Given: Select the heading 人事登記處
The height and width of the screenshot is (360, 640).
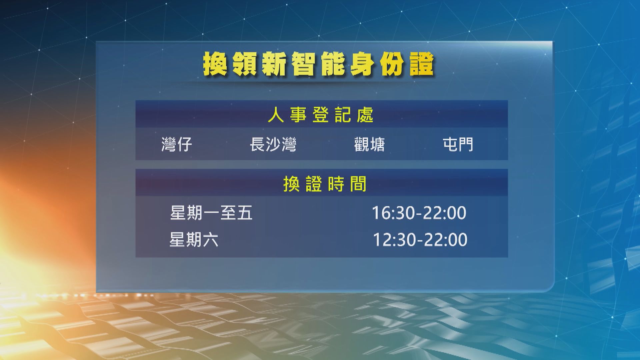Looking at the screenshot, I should (x=321, y=115).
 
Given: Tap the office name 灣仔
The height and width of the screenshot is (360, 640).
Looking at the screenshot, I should (x=177, y=145).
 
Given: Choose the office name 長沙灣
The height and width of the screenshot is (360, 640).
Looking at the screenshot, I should (x=273, y=145).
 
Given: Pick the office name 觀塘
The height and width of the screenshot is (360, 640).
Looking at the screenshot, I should (x=369, y=145).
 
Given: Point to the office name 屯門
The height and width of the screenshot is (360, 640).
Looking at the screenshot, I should (x=458, y=145).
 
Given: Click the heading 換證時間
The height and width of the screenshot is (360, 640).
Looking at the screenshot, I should (x=325, y=184).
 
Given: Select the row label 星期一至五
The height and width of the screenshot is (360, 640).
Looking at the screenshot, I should (x=211, y=213).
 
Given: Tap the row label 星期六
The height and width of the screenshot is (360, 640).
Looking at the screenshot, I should (x=194, y=239).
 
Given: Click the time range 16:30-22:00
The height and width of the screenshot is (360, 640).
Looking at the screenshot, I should (x=419, y=213).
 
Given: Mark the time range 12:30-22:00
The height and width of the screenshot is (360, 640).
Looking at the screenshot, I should (x=420, y=240).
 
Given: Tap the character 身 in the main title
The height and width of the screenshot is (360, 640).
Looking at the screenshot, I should (x=361, y=65).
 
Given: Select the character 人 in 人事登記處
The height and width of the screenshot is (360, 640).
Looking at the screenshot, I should (x=276, y=115).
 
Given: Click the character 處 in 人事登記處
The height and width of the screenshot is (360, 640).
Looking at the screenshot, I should (x=365, y=115).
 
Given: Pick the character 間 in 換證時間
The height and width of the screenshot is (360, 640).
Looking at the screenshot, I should (x=358, y=184).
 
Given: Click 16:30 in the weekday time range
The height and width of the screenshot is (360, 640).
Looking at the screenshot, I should (x=391, y=213).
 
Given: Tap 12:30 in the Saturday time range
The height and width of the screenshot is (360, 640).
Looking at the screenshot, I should (x=392, y=240).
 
